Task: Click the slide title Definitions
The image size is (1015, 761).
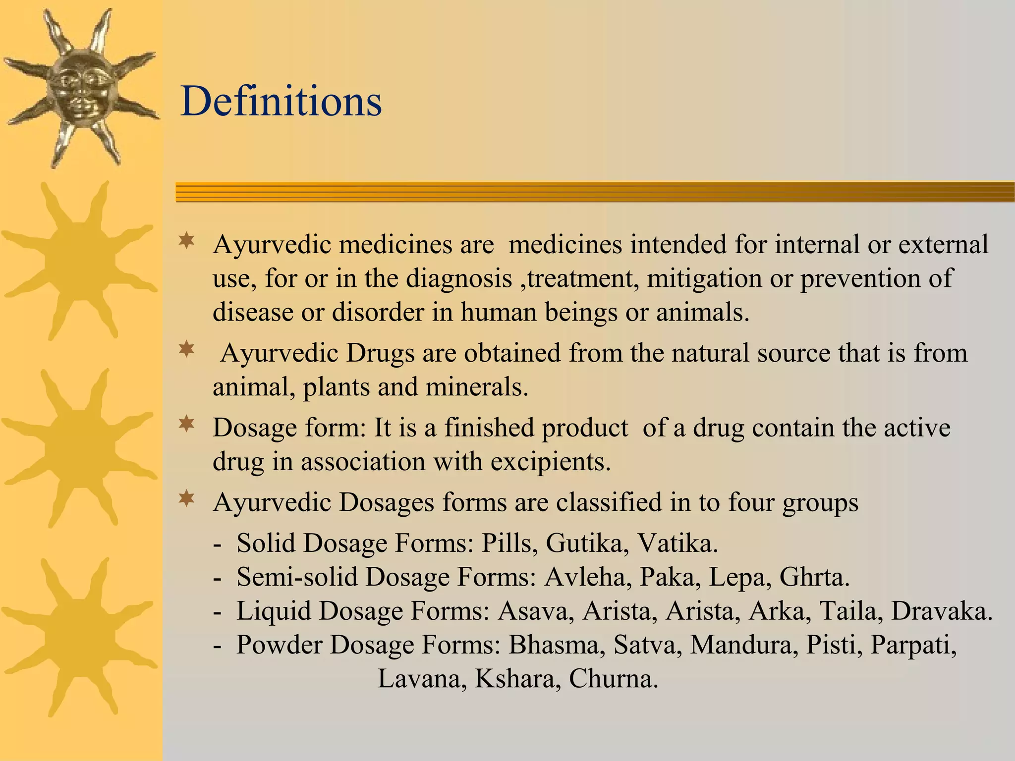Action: (x=281, y=101)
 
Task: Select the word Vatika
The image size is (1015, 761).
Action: (x=677, y=543)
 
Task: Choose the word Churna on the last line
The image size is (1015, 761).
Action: (x=613, y=678)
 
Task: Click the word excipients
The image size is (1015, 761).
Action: (x=551, y=462)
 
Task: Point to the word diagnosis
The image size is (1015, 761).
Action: (x=459, y=278)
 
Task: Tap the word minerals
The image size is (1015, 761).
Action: (x=477, y=387)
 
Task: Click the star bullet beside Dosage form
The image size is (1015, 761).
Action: (x=187, y=425)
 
